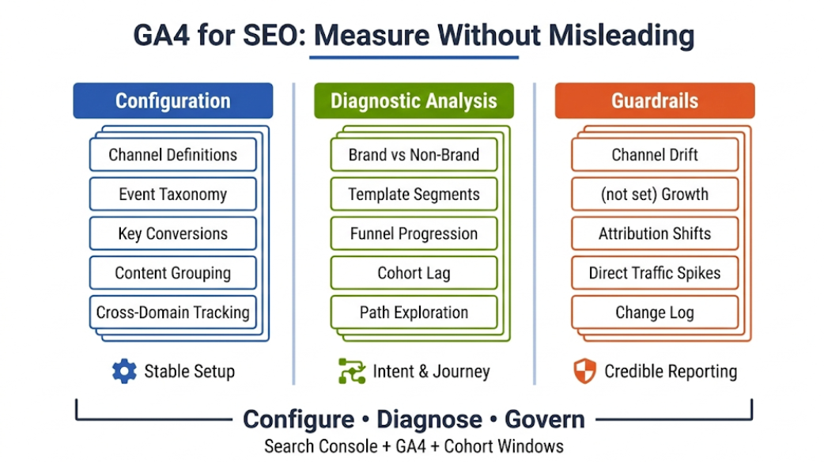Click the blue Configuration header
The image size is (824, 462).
coord(172,101)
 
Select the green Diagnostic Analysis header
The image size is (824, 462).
coord(414,101)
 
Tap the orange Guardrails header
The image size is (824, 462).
coord(655,101)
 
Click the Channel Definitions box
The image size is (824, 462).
coord(172,154)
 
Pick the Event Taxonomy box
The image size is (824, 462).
coord(172,194)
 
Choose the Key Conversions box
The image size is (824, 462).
coord(172,233)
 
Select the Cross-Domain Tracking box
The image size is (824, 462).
coord(172,312)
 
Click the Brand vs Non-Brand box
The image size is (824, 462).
coord(414,154)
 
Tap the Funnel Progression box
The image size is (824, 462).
coord(414,233)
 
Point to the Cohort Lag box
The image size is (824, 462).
coord(414,273)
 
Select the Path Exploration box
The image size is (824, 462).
coord(414,312)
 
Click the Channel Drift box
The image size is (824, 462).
coord(655,154)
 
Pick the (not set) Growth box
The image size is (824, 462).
coord(655,194)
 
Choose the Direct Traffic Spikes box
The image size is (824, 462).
coord(655,273)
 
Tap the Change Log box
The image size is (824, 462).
coord(655,312)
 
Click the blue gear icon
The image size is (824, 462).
coord(124,371)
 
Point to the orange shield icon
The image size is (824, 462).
coord(584,371)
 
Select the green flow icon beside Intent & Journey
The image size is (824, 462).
coord(352,371)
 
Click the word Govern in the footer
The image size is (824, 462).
coord(545,419)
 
